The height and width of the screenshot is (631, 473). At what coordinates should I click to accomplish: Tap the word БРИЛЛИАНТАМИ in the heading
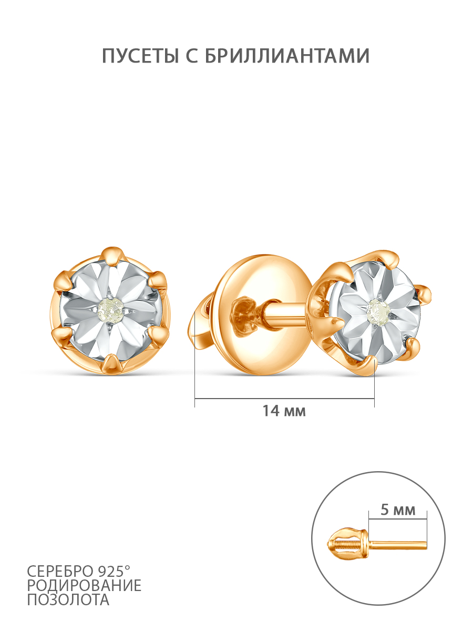[287, 56]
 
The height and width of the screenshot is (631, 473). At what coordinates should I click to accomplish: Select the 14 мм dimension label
[284, 411]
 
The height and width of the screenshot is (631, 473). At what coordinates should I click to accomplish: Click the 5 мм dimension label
[398, 510]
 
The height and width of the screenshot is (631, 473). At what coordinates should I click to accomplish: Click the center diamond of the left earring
[110, 310]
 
